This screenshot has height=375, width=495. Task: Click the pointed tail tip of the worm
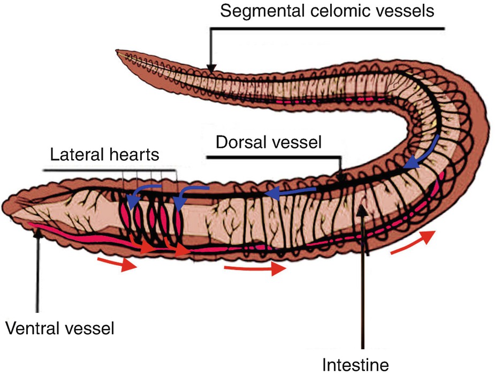coord(118,51)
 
